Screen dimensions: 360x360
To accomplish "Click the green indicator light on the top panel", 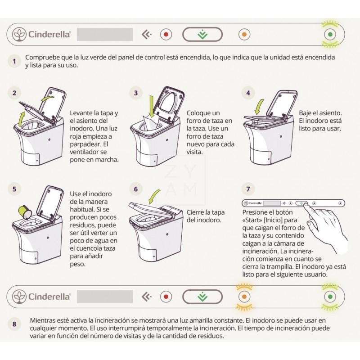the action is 330,35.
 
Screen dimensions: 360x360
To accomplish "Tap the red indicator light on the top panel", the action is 166,35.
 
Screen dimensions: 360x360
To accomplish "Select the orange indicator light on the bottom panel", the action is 244,297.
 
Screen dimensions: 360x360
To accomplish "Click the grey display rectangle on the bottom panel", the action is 105,297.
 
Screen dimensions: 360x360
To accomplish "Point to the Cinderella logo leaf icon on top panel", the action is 19,35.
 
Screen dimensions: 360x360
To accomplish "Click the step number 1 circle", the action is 14,61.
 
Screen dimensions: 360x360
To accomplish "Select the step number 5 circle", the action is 14,189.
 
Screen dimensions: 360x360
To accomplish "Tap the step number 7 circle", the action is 248,189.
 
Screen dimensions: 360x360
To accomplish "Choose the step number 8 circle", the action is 14,324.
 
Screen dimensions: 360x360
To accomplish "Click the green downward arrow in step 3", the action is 152,107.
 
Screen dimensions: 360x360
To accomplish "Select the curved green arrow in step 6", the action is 154,197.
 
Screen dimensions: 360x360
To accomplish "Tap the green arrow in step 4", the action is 259,107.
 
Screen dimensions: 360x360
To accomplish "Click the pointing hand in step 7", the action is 326,227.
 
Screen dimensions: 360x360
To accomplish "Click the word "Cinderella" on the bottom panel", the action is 49,297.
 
